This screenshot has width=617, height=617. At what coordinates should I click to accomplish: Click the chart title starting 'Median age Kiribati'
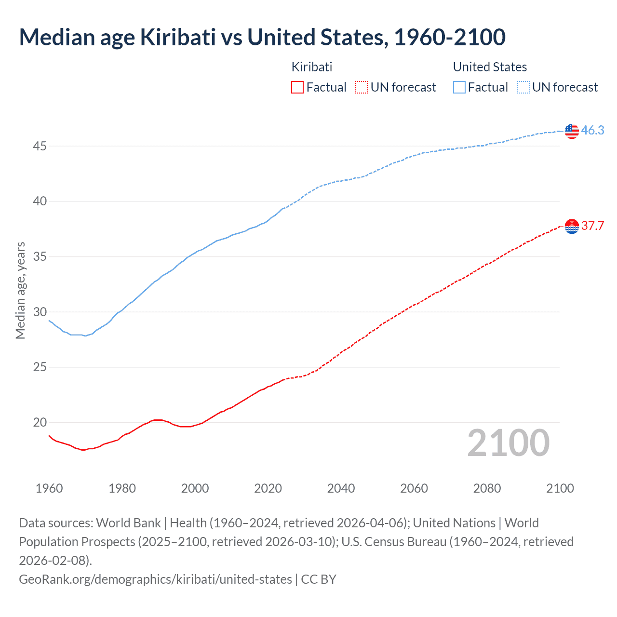coord(262,37)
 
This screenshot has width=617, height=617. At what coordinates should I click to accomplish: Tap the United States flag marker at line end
coord(572,131)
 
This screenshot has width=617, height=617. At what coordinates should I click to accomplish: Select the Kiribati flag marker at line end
coord(572,226)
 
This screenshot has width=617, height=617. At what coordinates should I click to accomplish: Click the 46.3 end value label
coord(592,130)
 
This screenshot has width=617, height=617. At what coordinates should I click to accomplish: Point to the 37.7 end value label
coord(592,226)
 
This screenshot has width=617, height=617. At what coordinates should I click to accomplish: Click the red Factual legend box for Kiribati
coord(297,87)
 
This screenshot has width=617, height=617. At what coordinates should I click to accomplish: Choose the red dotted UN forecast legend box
coord(362,87)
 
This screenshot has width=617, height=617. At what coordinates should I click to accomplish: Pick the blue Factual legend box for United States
coord(459,87)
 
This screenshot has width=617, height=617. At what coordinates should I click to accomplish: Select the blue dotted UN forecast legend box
coord(523,87)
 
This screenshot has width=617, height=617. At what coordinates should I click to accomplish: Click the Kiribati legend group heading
coord(312,67)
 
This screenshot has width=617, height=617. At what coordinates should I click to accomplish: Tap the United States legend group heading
coord(490,67)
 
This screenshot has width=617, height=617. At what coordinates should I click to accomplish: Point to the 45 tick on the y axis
coord(40,146)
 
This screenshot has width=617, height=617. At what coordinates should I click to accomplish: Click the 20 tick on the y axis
coord(40,423)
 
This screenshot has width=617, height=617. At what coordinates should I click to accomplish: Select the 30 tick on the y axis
coord(40,312)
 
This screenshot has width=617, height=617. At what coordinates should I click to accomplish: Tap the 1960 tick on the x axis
coord(49,488)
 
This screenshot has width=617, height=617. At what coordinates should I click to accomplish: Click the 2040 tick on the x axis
coord(341,488)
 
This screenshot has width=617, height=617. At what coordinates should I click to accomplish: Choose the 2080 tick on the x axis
coord(487,488)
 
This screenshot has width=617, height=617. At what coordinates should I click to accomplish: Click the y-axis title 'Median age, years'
coord(20,291)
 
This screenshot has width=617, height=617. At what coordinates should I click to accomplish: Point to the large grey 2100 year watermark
coord(508,443)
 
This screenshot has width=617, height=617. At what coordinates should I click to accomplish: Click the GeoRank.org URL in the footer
coord(155,579)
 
